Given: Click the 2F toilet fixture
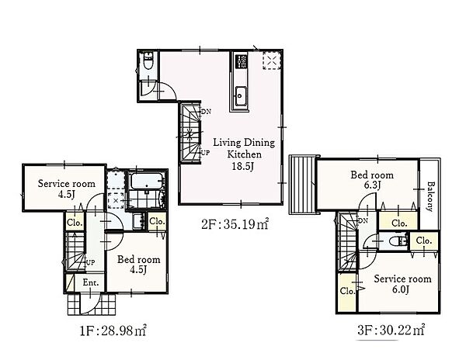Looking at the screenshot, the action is [x=148, y=61].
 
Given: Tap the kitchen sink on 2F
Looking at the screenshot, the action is [x=241, y=95].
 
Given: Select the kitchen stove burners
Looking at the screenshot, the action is [x=241, y=61].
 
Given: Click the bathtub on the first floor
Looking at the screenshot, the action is [x=147, y=181].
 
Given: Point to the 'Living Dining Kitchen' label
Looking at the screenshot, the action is [x=244, y=148].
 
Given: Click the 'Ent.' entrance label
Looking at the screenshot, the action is [x=91, y=282].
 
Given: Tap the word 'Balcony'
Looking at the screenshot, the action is [x=429, y=196].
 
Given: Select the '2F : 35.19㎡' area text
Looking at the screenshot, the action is [x=235, y=224].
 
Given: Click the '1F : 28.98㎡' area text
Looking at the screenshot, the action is [x=113, y=331].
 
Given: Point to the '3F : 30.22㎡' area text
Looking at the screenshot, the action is [x=391, y=330].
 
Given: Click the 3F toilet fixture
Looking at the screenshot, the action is [x=398, y=241].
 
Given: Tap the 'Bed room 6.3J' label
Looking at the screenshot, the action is [x=372, y=179].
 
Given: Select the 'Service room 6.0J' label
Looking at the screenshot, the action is [x=402, y=283].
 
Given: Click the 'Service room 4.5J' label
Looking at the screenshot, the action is [x=67, y=189].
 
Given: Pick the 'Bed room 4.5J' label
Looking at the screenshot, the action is [x=139, y=264].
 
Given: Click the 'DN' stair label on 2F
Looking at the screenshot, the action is [x=206, y=112].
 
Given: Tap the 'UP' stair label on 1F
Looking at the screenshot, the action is [x=90, y=262].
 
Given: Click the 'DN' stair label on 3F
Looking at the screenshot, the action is [x=363, y=220].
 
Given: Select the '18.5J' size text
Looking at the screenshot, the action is [x=243, y=166].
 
